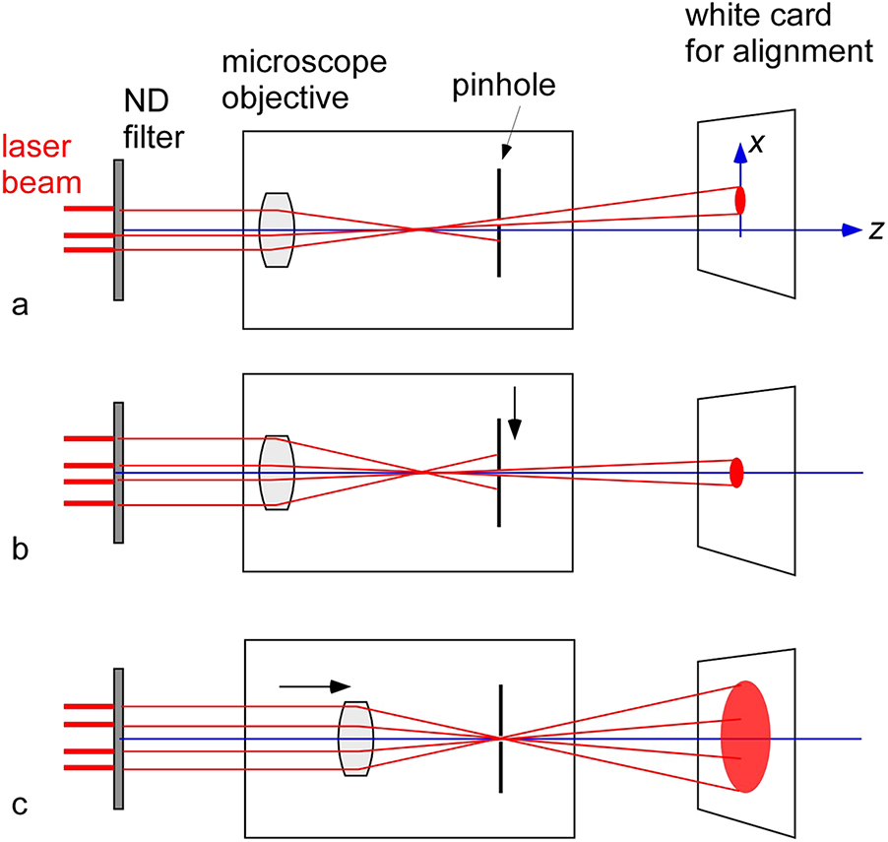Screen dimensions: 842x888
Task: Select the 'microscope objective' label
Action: coord(304,78)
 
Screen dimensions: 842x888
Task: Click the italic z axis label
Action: coord(872,229)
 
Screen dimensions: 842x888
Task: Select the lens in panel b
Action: coord(277,473)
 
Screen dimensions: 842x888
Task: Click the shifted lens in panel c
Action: coord(354,739)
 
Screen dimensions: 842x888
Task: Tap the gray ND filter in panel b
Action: coord(118,472)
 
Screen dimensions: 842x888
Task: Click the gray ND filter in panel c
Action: coord(118,738)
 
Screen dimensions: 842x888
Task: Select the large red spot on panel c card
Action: coord(745,736)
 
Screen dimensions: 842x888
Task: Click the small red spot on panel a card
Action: coord(740,201)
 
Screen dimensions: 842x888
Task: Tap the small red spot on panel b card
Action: coord(736,473)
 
